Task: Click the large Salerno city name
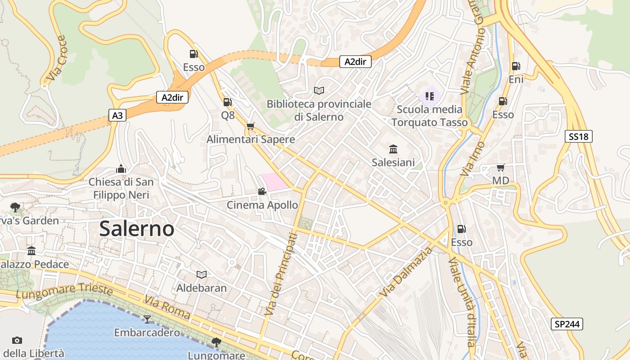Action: click(137, 229)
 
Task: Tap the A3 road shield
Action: click(117, 116)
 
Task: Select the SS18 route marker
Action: click(578, 136)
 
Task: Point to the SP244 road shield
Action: click(567, 324)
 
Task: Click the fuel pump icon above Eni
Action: click(516, 66)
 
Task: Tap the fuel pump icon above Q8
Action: click(228, 102)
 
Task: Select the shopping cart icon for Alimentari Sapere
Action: click(251, 126)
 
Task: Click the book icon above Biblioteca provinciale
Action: click(319, 90)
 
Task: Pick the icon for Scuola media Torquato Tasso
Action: click(429, 96)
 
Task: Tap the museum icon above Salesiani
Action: click(393, 149)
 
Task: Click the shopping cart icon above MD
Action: click(500, 168)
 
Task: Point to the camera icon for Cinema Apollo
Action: click(262, 192)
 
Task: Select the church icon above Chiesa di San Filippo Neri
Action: click(121, 169)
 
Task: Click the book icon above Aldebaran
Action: click(202, 274)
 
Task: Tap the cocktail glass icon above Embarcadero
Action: click(147, 319)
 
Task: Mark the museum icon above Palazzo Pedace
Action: click(31, 251)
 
